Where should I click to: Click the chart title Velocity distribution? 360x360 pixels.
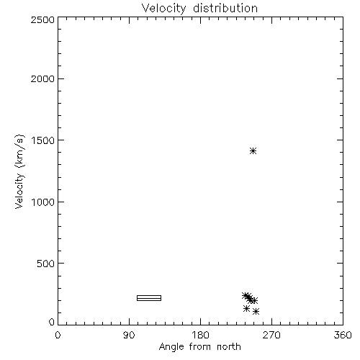pos(199,9)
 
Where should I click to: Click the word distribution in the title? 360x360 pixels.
pos(225,8)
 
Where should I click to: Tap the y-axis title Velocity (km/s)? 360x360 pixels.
pos(19,171)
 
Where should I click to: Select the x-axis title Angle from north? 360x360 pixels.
pos(199,347)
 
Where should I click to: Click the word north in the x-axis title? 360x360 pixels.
pos(229,347)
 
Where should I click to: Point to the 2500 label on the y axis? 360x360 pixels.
pos(42,19)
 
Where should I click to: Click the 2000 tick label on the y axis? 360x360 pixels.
pos(42,78)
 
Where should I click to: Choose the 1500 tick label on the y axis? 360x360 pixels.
pos(43,140)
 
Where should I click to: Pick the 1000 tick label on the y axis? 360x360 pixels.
pos(43,202)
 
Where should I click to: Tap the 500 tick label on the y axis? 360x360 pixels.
pos(46,264)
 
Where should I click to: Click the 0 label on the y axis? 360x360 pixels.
pos(52,322)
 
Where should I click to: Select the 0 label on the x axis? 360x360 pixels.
pos(58,335)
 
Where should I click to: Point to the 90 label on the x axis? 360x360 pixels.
pos(129,335)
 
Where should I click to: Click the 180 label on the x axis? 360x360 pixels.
pos(200,335)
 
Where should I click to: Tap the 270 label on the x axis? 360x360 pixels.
pos(271,335)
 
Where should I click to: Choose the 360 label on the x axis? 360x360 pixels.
pos(343,335)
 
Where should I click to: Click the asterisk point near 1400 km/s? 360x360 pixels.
pos(253,151)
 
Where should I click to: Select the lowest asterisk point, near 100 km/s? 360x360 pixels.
pos(256,312)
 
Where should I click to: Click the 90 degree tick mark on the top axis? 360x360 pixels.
pos(129,20)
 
